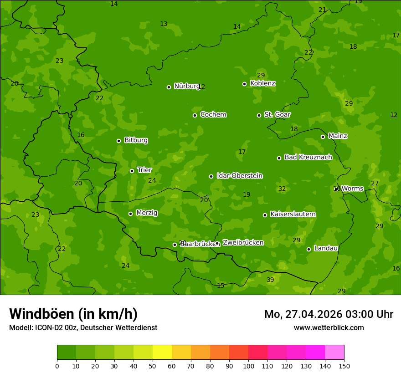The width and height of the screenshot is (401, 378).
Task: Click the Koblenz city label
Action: (262, 83)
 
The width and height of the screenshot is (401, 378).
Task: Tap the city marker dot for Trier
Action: (132, 171)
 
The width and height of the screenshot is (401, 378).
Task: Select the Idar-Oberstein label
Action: (239, 176)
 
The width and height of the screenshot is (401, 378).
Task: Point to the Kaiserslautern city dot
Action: (265, 215)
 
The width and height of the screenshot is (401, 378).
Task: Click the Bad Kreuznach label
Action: (308, 157)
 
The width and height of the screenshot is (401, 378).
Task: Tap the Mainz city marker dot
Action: (323, 137)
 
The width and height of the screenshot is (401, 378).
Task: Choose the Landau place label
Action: (326, 248)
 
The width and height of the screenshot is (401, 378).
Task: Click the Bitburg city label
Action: (136, 140)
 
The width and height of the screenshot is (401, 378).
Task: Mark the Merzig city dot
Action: (131, 214)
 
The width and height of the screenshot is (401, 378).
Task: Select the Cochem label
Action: (213, 114)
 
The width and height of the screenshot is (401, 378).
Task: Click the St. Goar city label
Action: (277, 114)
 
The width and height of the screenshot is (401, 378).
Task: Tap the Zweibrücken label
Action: (243, 243)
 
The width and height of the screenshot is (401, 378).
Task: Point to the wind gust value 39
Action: (270, 280)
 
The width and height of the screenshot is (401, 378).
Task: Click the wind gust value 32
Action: (282, 189)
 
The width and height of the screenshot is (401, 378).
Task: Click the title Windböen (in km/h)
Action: (73, 314)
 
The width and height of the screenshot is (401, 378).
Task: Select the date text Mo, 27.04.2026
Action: (303, 314)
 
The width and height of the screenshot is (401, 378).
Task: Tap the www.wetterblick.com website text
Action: (329, 327)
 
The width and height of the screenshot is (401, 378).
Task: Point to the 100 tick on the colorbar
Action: (248, 366)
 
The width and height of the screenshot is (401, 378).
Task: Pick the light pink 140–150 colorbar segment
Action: (334, 352)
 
